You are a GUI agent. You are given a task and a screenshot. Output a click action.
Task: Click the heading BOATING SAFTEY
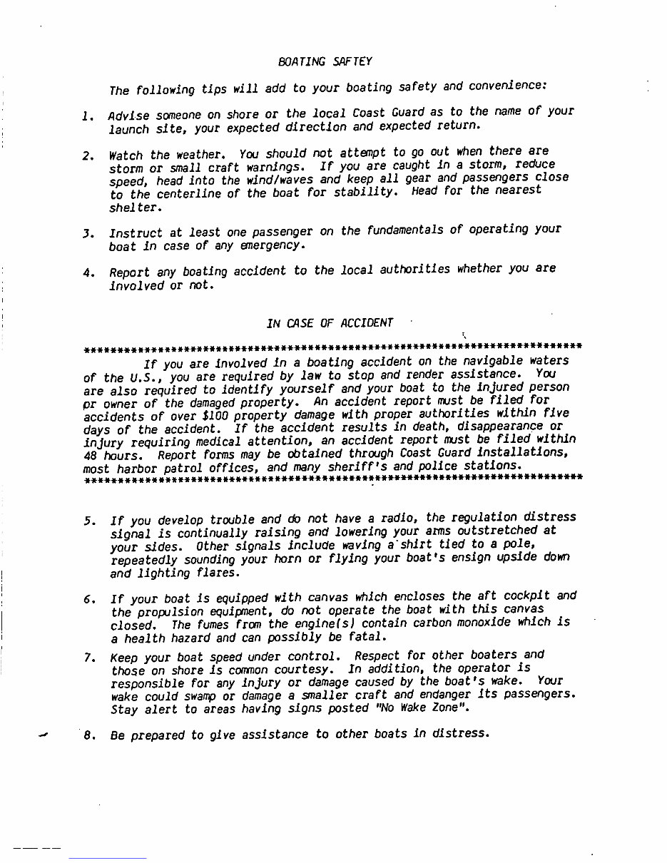click(x=325, y=62)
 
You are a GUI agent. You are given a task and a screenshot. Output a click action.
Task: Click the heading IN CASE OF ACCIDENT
click(x=330, y=322)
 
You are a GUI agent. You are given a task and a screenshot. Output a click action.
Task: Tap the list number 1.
click(x=87, y=116)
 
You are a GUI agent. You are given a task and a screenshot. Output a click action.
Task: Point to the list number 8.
click(x=88, y=736)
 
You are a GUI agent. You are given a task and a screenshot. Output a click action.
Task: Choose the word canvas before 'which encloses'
click(x=290, y=597)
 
